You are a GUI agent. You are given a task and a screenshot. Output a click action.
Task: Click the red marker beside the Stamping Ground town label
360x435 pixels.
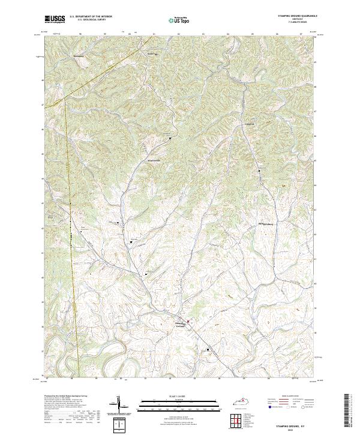tap(188, 322)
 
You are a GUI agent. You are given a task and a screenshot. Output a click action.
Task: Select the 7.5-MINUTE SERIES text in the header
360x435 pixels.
tap(294, 23)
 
